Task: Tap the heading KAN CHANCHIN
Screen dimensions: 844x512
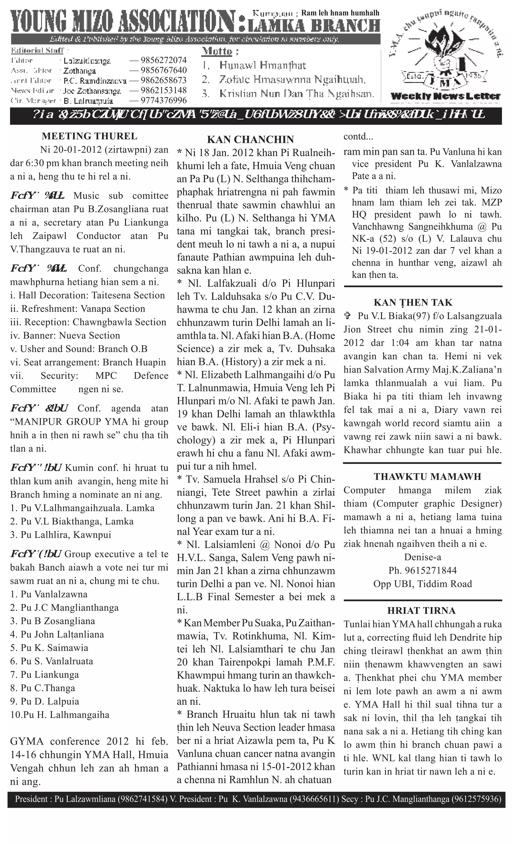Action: (x=250, y=140)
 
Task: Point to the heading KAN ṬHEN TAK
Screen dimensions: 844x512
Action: (x=413, y=303)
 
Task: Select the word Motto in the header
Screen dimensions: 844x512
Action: (x=217, y=52)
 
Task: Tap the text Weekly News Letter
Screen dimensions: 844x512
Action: (x=445, y=97)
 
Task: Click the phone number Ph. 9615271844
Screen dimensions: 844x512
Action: (x=422, y=571)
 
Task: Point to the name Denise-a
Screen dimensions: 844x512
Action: (x=422, y=557)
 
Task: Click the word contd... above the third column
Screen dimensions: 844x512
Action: (x=358, y=137)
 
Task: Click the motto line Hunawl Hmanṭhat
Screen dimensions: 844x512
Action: (x=262, y=65)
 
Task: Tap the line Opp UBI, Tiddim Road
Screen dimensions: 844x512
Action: (x=422, y=584)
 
